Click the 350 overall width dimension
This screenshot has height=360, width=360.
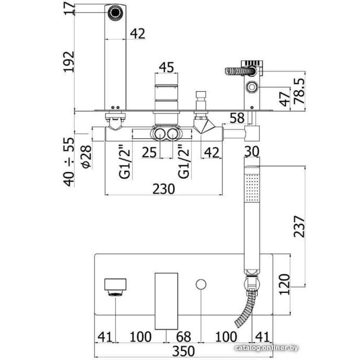[183, 350]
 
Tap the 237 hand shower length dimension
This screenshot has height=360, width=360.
[298, 226]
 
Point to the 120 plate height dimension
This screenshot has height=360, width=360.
[284, 284]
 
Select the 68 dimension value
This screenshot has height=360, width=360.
[184, 337]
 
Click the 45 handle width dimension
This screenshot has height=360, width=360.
[166, 67]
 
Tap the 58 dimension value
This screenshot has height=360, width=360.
[237, 117]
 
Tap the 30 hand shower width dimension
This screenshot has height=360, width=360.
[252, 152]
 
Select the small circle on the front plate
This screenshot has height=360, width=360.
[201, 284]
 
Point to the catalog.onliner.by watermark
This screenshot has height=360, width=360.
[266, 347]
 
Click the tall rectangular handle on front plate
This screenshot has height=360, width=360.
[166, 301]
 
